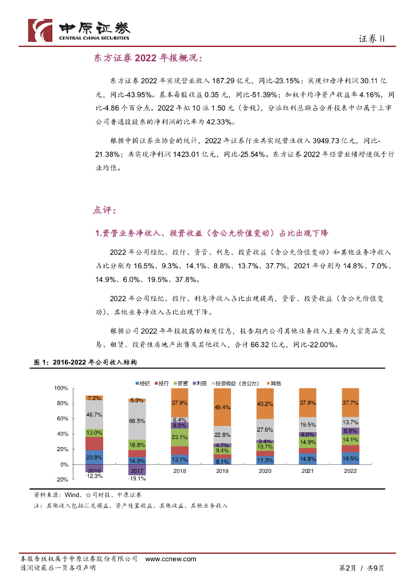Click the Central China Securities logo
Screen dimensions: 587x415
click(80, 30)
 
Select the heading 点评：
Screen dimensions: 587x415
click(104, 210)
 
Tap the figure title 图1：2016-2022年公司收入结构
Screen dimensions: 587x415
click(86, 363)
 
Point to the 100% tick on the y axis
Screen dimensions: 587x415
click(60, 388)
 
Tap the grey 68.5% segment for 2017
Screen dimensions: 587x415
click(136, 421)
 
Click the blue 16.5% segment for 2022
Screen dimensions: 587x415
click(350, 459)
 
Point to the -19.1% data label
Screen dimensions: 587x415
click(136, 478)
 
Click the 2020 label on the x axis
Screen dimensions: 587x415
click(265, 471)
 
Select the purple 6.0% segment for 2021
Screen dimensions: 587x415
click(308, 435)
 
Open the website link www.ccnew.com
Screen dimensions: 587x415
click(170, 559)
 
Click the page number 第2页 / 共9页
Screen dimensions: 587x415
click(361, 568)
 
